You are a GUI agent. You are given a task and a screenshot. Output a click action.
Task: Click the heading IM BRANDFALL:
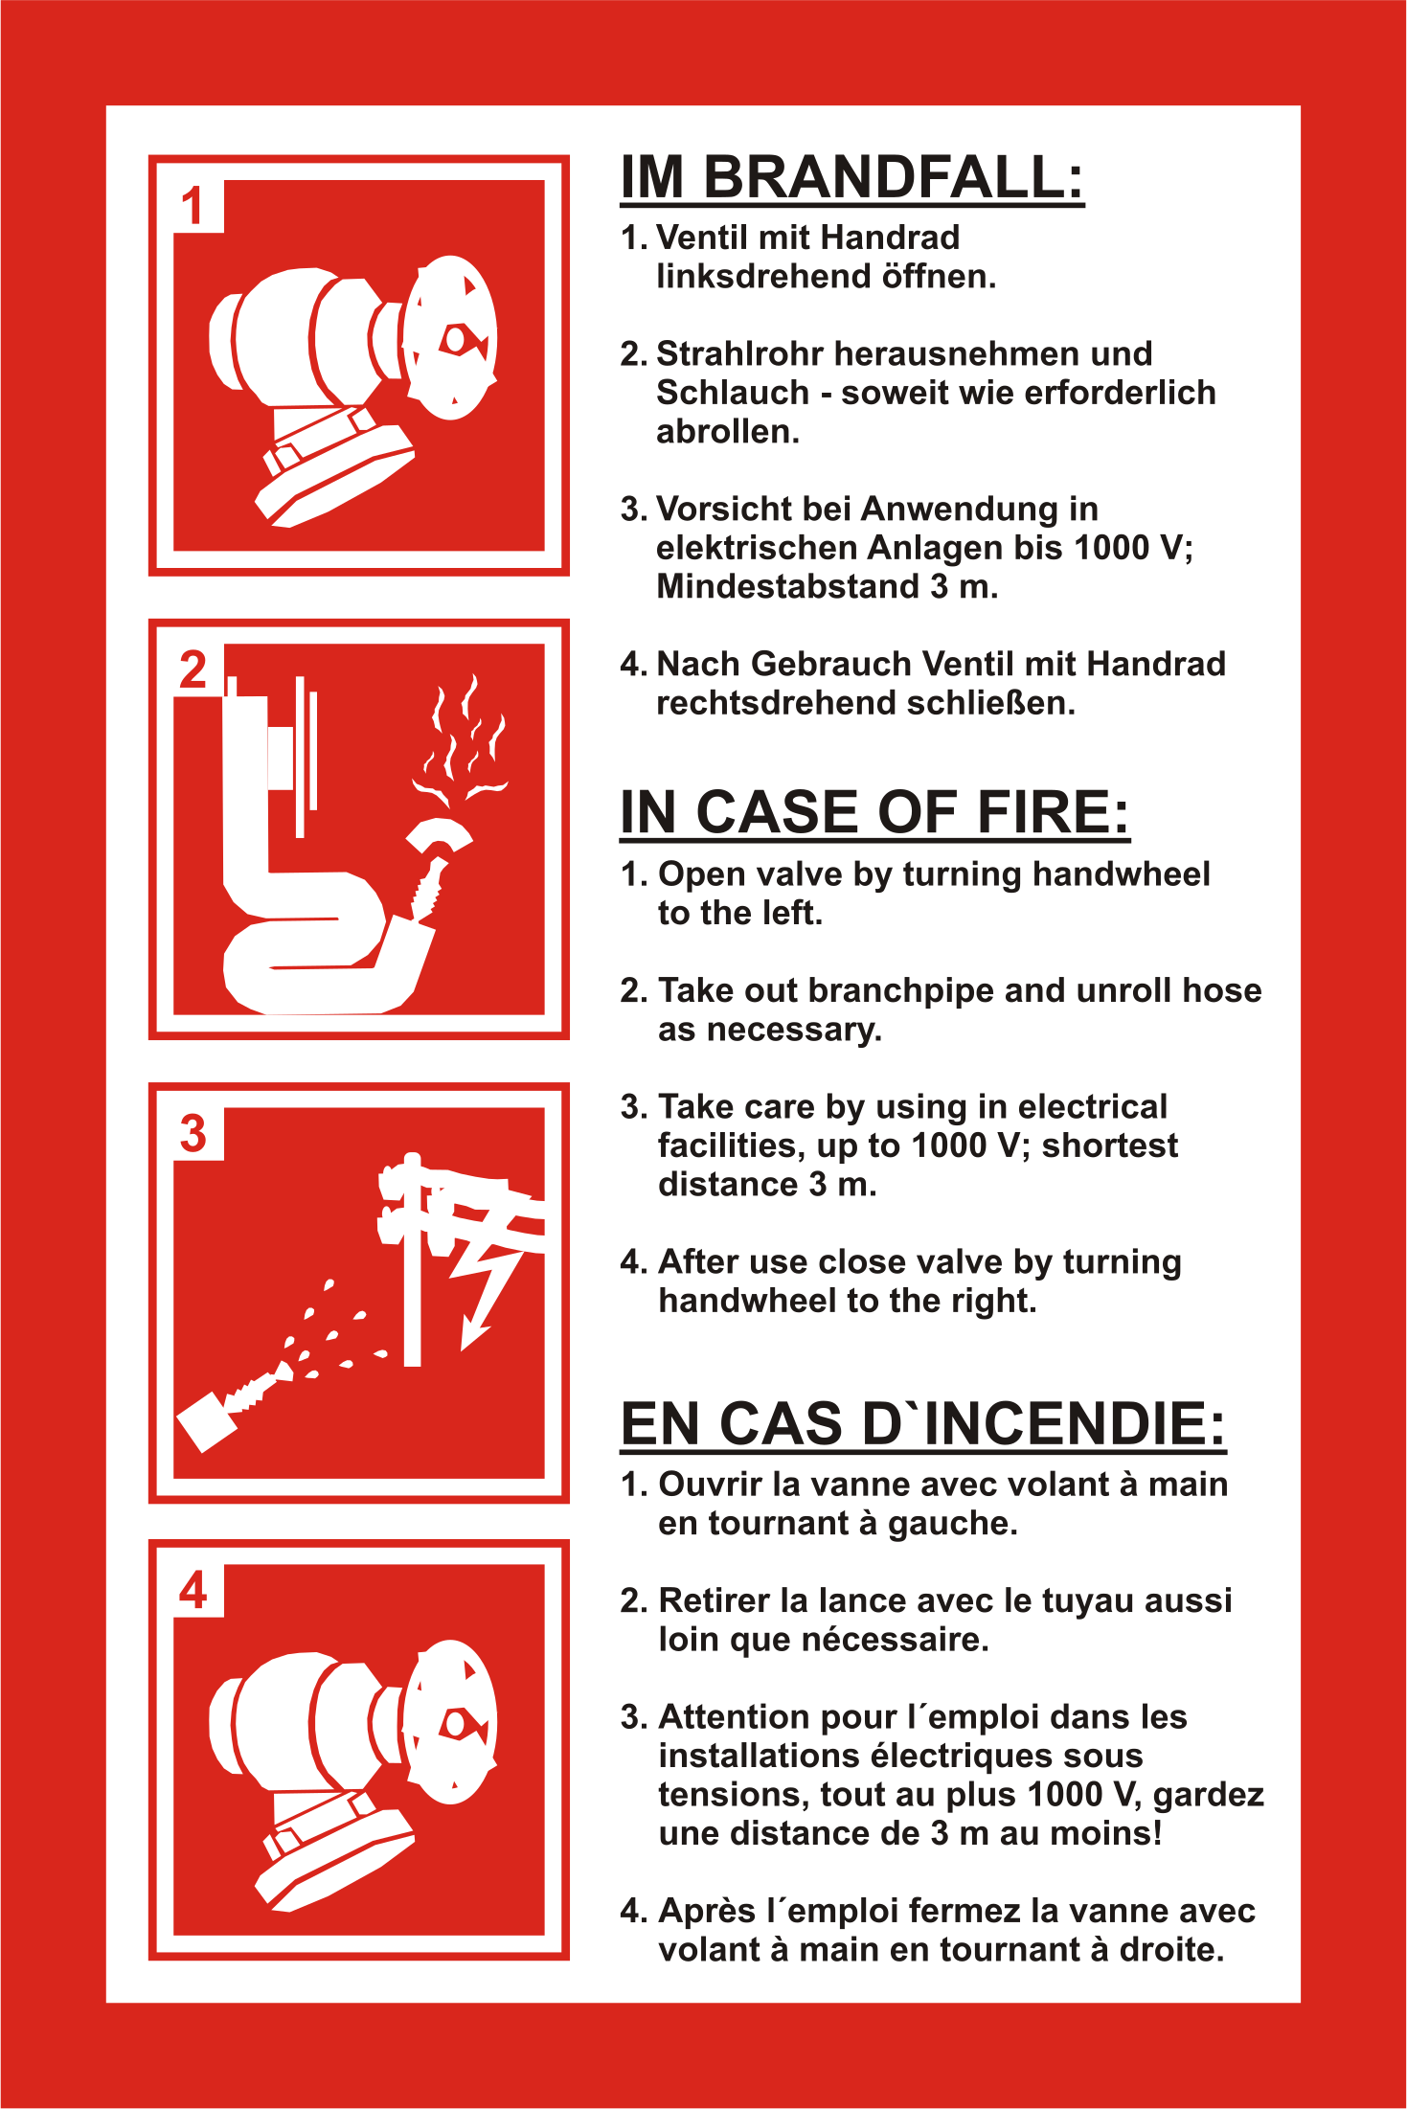(852, 177)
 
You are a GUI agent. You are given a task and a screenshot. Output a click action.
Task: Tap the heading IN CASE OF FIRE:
(874, 812)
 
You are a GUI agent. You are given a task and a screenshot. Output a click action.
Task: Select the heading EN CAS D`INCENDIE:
(923, 1423)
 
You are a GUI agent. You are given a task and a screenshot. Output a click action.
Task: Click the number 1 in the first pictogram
(193, 206)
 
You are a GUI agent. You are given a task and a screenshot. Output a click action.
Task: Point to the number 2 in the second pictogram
(193, 669)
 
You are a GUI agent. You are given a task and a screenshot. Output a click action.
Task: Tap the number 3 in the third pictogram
(193, 1133)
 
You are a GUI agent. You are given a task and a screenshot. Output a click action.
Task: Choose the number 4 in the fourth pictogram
(193, 1591)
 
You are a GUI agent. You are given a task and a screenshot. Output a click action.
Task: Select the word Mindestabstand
(788, 586)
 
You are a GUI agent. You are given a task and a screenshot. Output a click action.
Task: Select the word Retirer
(715, 1600)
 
